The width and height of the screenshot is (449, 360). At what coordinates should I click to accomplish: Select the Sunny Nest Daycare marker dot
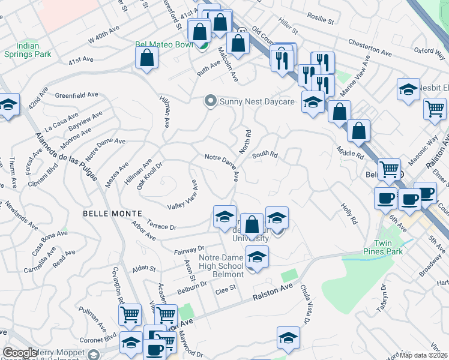tap(210, 101)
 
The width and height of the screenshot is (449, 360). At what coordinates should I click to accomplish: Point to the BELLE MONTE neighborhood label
tap(112, 213)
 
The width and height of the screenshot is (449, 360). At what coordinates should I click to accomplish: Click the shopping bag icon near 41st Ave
tap(146, 58)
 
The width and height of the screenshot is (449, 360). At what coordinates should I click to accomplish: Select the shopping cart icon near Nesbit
tap(435, 109)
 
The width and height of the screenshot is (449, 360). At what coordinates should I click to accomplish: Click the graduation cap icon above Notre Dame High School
tap(257, 257)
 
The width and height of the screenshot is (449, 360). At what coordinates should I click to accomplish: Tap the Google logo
tap(20, 352)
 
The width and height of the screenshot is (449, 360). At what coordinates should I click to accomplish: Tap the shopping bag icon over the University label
tap(253, 225)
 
